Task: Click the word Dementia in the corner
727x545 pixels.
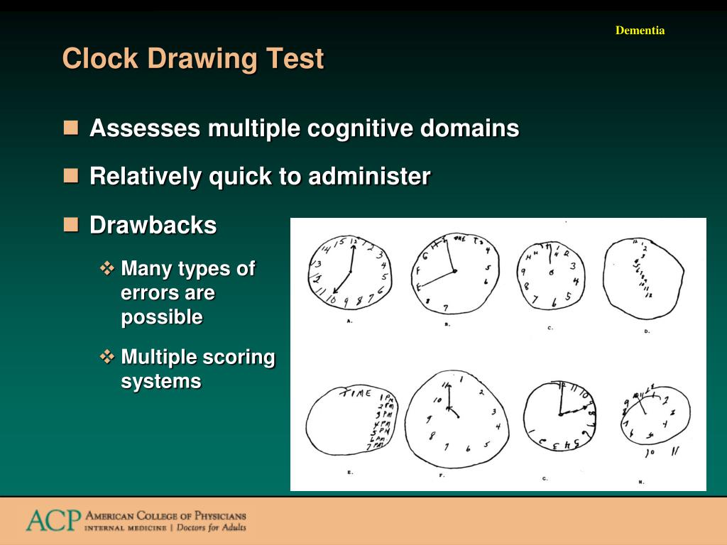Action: click(640, 31)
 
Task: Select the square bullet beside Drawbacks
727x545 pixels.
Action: click(70, 225)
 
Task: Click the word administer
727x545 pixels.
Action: click(368, 176)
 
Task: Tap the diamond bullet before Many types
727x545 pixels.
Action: click(107, 268)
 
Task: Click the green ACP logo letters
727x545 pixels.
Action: click(53, 520)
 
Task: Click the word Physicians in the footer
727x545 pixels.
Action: click(214, 516)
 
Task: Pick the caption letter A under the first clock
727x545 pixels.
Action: click(349, 321)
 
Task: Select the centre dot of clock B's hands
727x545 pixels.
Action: click(454, 271)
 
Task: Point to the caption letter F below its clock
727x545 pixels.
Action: click(442, 475)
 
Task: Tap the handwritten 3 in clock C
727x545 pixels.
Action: click(572, 267)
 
